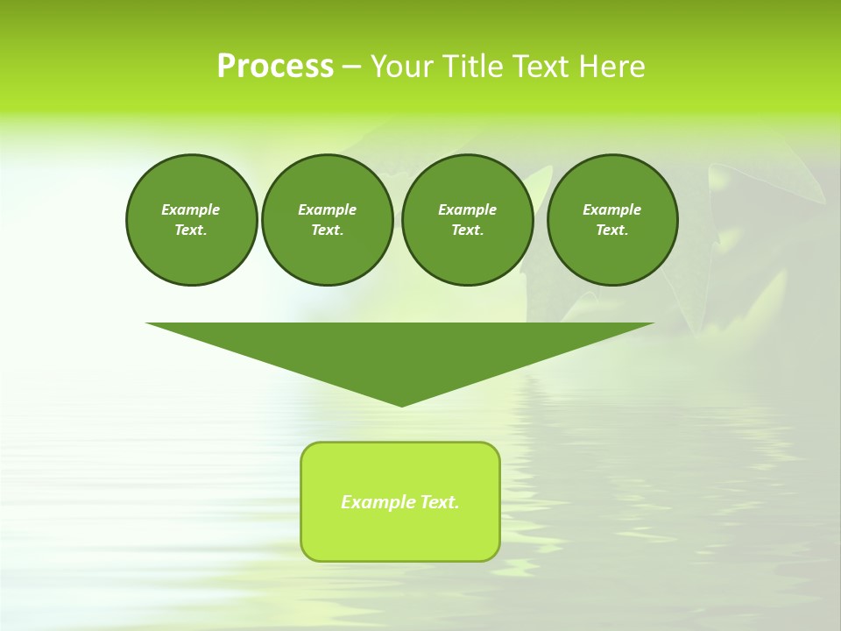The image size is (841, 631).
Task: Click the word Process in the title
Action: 275,67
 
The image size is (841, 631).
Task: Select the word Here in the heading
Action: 611,67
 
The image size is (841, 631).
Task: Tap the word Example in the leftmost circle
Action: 191,209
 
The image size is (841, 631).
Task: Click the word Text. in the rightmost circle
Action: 612,230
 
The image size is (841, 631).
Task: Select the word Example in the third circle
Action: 467,209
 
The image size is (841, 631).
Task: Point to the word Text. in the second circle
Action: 327,230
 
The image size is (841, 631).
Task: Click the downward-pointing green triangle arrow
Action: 400,351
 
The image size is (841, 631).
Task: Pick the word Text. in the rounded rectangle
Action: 440,502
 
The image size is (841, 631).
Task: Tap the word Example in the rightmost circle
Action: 612,209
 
